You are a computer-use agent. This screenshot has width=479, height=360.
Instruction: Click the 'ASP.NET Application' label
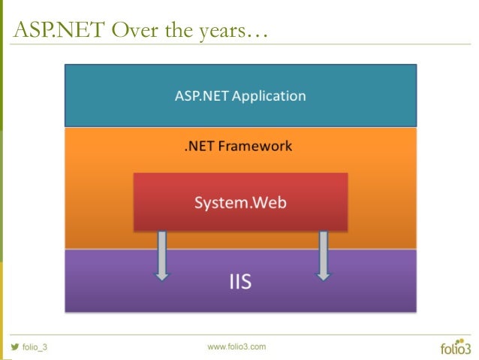tap(240, 96)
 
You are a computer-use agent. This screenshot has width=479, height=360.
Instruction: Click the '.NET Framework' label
tap(239, 146)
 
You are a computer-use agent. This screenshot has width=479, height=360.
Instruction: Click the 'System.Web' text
tap(240, 203)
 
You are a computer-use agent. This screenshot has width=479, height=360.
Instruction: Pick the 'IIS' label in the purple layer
tap(240, 283)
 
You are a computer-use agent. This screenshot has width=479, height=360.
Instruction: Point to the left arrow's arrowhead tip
tap(161, 280)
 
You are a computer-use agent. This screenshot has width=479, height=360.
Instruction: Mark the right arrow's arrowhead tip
tap(324, 280)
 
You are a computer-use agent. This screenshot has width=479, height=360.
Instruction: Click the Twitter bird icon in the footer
tap(14, 346)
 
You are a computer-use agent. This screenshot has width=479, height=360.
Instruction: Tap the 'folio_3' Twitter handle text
tap(35, 347)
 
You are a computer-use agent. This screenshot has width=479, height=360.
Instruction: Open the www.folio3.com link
tap(236, 346)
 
